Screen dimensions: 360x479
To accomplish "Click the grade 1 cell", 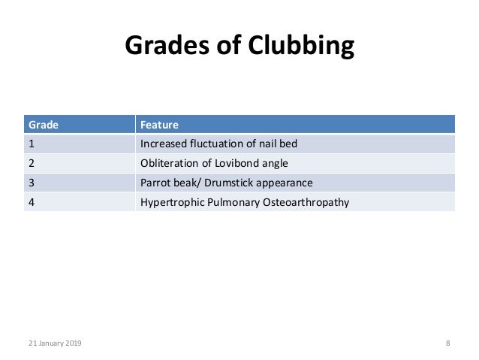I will point(31,143).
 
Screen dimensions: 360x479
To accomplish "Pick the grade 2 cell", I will point(31,162).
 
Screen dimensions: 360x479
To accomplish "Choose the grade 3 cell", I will point(31,182).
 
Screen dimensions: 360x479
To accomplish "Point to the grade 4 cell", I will point(31,201).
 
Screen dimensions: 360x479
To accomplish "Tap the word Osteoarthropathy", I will point(306,201).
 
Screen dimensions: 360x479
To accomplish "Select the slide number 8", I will point(448,343).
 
